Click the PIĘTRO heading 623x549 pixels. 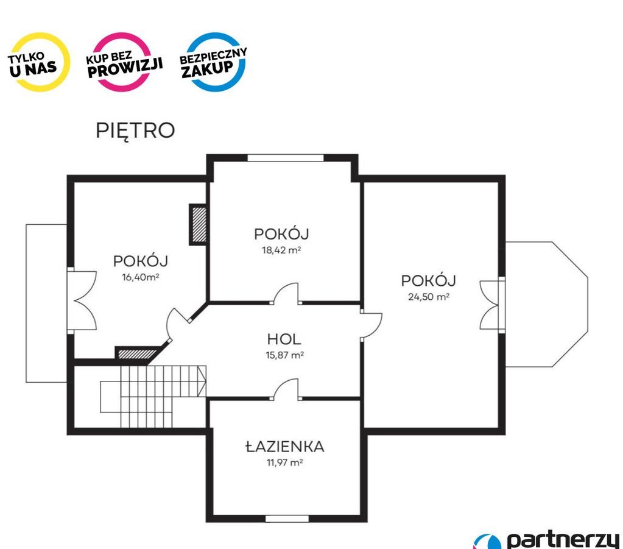pyautogui.click(x=135, y=130)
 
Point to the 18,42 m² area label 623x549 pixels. pyautogui.click(x=281, y=250)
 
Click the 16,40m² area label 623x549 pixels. pyautogui.click(x=141, y=277)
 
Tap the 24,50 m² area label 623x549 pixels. pyautogui.click(x=429, y=297)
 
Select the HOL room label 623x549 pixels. pyautogui.click(x=284, y=339)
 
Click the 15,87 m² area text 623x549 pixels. pyautogui.click(x=284, y=355)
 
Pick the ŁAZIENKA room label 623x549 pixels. pyautogui.click(x=284, y=447)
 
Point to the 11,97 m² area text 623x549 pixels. pyautogui.click(x=284, y=462)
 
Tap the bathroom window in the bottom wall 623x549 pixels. pyautogui.click(x=287, y=519)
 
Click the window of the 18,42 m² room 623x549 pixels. pyautogui.click(x=286, y=158)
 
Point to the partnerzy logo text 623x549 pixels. pyautogui.click(x=563, y=540)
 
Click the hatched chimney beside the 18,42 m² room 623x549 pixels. pyautogui.click(x=198, y=225)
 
